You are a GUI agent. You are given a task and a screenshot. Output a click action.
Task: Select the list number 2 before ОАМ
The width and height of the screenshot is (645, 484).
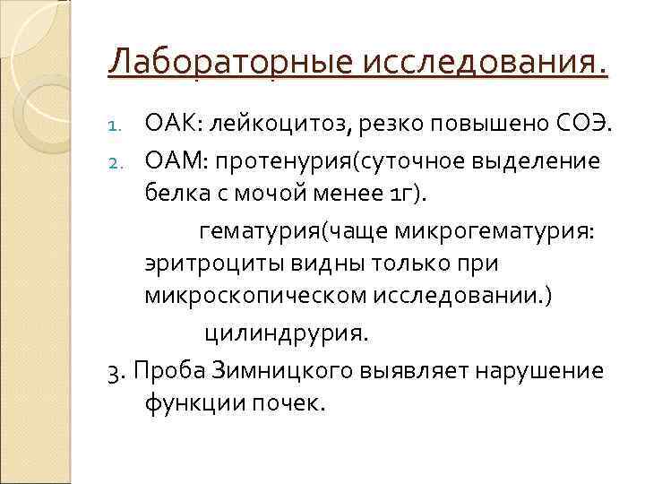pyautogui.click(x=125, y=160)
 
